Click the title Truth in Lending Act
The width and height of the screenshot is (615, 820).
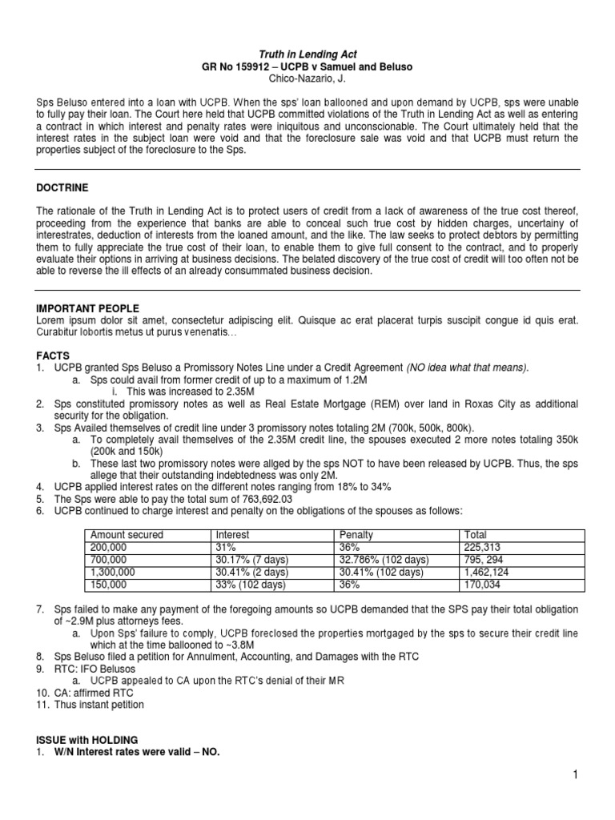pos(307,54)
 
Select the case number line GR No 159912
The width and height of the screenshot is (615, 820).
pos(307,67)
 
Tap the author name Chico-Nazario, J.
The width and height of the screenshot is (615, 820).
pos(307,81)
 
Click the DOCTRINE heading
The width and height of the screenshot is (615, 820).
pos(62,187)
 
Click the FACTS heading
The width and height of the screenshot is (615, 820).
pos(53,354)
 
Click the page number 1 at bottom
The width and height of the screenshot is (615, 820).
pos(574,775)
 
